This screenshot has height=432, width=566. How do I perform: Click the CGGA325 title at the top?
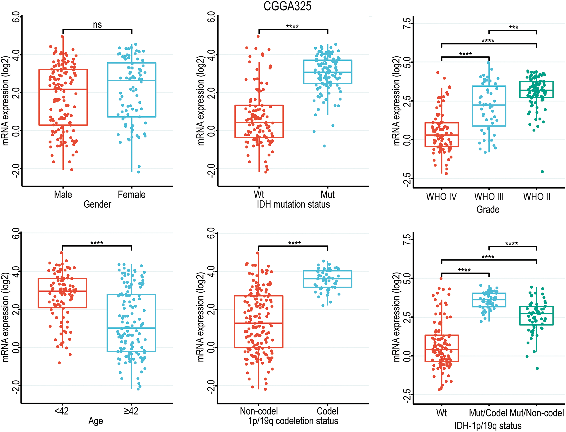coord(287,6)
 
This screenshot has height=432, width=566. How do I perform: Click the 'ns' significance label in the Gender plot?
coord(97,25)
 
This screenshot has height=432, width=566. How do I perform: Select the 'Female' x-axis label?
coord(132,194)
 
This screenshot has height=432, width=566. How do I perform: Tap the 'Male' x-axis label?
coord(63,194)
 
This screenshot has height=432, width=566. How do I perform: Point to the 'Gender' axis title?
coord(97,204)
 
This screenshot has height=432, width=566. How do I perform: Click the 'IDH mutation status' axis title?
coord(293,204)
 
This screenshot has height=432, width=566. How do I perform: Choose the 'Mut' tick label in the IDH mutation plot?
coord(328,194)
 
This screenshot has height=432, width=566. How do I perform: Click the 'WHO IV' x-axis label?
coord(441,197)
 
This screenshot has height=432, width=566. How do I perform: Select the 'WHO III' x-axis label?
coord(489,197)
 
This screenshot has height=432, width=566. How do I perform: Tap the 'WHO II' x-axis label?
coord(537,197)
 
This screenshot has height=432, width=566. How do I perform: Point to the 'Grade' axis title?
coord(488,209)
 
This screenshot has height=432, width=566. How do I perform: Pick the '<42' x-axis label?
coord(62,411)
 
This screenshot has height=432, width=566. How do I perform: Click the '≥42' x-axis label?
coord(131,411)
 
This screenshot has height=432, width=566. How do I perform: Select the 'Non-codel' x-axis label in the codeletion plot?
coord(259,411)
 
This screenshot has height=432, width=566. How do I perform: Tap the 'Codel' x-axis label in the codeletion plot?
coord(328,411)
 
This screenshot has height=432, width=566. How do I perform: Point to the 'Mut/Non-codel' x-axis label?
coord(537,413)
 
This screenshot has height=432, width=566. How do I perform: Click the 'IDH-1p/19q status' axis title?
coord(488,426)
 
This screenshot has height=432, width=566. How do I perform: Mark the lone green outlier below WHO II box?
coord(542,172)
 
